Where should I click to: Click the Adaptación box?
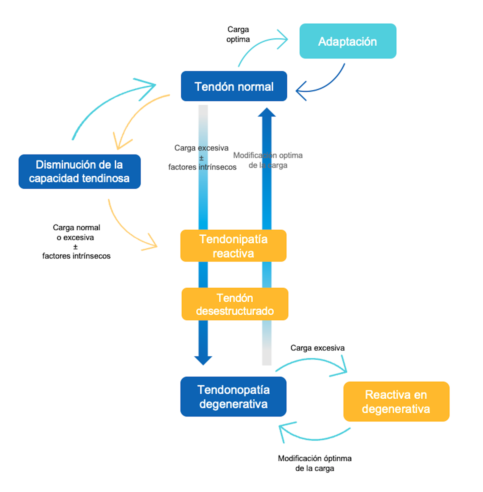348,41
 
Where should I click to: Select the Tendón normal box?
234,86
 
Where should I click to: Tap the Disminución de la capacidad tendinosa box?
80,172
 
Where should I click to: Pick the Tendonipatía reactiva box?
233,246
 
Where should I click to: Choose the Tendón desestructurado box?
235,304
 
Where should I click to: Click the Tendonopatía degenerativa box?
233,397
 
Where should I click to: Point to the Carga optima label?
238,34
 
